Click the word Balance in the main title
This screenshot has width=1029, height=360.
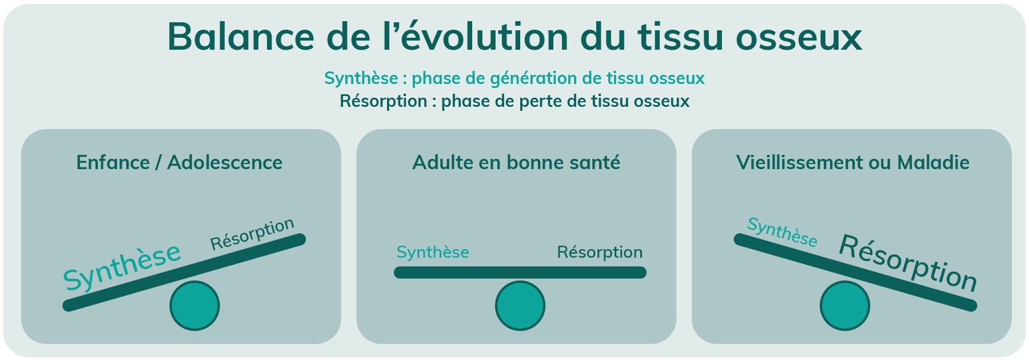coord(241,36)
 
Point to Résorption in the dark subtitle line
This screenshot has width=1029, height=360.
coord(383,102)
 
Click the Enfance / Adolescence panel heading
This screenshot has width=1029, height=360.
coord(180,162)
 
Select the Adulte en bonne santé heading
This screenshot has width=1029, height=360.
coord(516,162)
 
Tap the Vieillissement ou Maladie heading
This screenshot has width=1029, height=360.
coord(852,162)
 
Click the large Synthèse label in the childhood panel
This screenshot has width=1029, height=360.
coord(122,266)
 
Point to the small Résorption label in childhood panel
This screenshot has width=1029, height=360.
coord(252,234)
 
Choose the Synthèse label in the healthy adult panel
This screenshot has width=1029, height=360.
coord(433,252)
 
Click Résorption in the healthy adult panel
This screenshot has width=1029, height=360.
coord(600,253)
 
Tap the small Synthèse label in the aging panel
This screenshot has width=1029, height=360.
coord(782,232)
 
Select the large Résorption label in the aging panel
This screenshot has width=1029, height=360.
coord(908,263)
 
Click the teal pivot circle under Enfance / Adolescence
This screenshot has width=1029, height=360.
coord(194,306)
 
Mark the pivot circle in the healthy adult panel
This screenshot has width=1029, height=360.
coord(520,306)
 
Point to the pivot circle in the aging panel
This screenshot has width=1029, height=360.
coord(844,306)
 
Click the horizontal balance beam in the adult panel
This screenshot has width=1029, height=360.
coord(520,273)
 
